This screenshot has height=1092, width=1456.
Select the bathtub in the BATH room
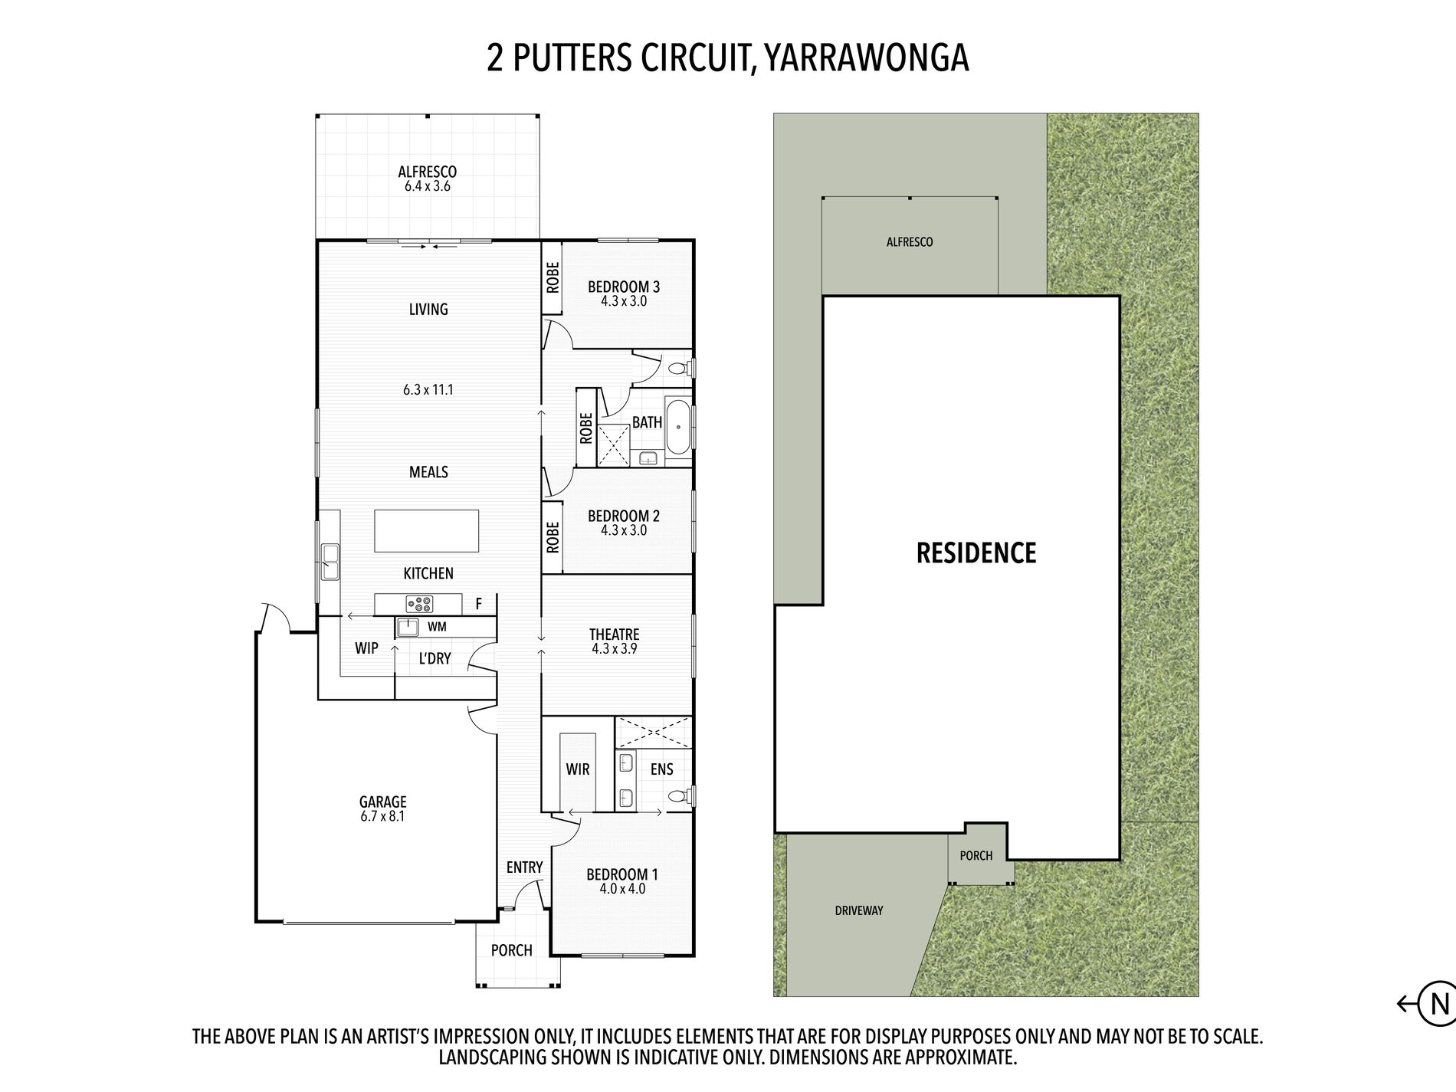[678, 427]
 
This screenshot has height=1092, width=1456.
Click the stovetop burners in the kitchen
[419, 604]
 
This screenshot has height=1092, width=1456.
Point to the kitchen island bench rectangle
[426, 531]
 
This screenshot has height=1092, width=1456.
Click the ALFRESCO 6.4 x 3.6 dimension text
[428, 186]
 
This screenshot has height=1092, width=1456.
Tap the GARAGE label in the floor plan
[382, 802]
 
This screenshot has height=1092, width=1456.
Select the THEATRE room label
[614, 635]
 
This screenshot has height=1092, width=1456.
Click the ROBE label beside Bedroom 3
[553, 277]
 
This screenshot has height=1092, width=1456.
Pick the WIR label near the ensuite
[578, 769]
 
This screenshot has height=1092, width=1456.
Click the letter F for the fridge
[479, 605]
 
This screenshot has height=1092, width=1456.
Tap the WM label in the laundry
[437, 627]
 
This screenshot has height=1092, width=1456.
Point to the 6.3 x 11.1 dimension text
[428, 389]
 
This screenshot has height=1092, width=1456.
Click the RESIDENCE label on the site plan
[976, 553]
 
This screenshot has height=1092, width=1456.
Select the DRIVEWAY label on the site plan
[859, 910]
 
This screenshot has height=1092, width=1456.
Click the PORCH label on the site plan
[976, 855]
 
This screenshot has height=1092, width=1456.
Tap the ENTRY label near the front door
[524, 867]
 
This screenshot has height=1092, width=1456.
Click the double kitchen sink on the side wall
[330, 562]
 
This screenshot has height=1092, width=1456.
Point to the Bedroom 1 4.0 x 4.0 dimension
[622, 889]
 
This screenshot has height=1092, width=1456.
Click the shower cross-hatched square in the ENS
[653, 732]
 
